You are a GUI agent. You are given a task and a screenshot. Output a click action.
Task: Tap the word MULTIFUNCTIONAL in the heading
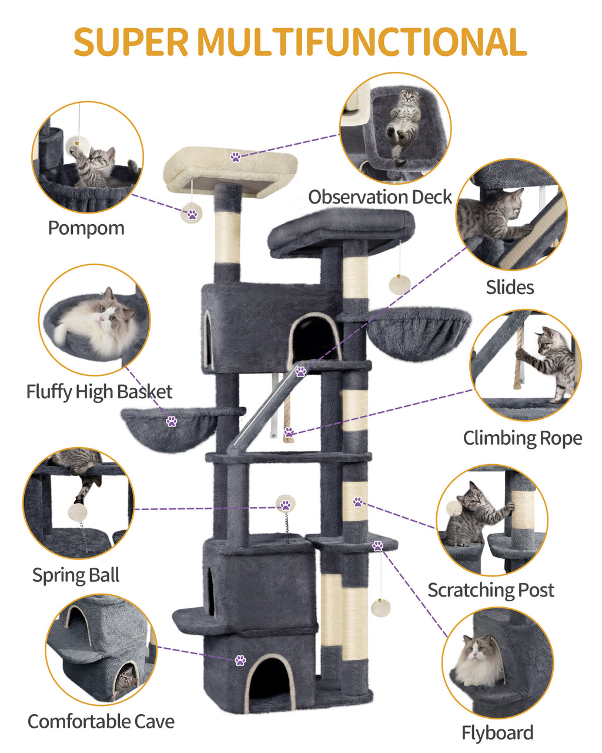(361, 41)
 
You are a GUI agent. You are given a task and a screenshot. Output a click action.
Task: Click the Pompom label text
(86, 228)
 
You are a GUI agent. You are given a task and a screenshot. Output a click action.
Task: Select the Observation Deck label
(380, 197)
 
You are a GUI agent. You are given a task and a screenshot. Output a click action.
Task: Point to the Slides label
(510, 287)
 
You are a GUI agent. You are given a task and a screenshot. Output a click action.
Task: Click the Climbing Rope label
(522, 438)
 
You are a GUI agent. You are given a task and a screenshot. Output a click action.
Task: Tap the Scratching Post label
(491, 590)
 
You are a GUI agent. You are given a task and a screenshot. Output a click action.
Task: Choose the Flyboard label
(497, 733)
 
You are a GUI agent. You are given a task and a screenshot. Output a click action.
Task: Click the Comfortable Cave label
(101, 721)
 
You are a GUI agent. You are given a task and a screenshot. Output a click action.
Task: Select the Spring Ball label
(76, 575)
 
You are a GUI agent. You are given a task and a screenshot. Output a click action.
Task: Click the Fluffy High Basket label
(99, 392)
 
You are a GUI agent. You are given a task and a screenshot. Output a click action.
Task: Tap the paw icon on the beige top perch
(236, 157)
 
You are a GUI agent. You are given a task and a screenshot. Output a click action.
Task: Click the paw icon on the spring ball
(286, 505)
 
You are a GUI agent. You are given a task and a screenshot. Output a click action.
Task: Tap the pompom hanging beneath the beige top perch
(192, 214)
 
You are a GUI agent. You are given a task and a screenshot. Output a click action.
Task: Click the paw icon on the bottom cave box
(240, 660)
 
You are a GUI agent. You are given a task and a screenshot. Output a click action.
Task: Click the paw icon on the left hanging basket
(172, 421)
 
